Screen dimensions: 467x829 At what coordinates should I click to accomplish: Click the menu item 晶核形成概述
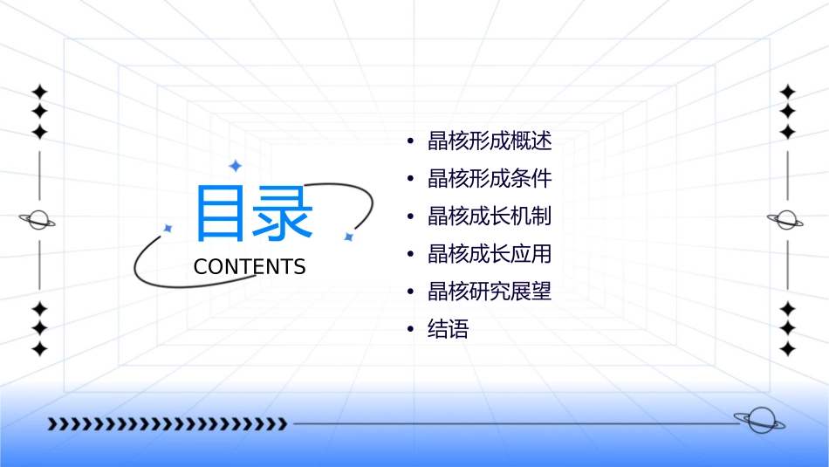490,141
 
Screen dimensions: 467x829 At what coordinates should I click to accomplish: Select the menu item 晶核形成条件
490,179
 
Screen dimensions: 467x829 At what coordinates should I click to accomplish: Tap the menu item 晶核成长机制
490,216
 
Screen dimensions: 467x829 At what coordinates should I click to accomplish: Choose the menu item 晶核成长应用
490,254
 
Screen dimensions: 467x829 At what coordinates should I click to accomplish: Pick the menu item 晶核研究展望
490,292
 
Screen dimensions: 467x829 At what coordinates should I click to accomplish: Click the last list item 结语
449,329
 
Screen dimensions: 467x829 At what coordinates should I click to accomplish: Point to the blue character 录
282,213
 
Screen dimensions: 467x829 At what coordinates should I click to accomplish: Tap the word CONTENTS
250,267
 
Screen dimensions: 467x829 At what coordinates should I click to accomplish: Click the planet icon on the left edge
38,220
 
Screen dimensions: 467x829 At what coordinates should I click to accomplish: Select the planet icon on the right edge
786,220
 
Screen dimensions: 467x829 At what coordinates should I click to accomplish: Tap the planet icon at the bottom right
758,421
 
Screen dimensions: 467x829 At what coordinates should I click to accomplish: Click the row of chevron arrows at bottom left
167,424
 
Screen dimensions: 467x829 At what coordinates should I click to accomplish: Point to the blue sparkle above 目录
235,166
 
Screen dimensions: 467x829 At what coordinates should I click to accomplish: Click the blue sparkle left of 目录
168,228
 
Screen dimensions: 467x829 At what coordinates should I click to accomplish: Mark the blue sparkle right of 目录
348,237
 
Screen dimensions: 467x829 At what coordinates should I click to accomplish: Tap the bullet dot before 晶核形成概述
410,141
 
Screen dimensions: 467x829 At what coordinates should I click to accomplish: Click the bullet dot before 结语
410,329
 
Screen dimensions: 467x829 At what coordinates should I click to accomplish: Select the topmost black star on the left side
39,92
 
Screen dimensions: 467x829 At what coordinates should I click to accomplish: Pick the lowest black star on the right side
788,349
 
